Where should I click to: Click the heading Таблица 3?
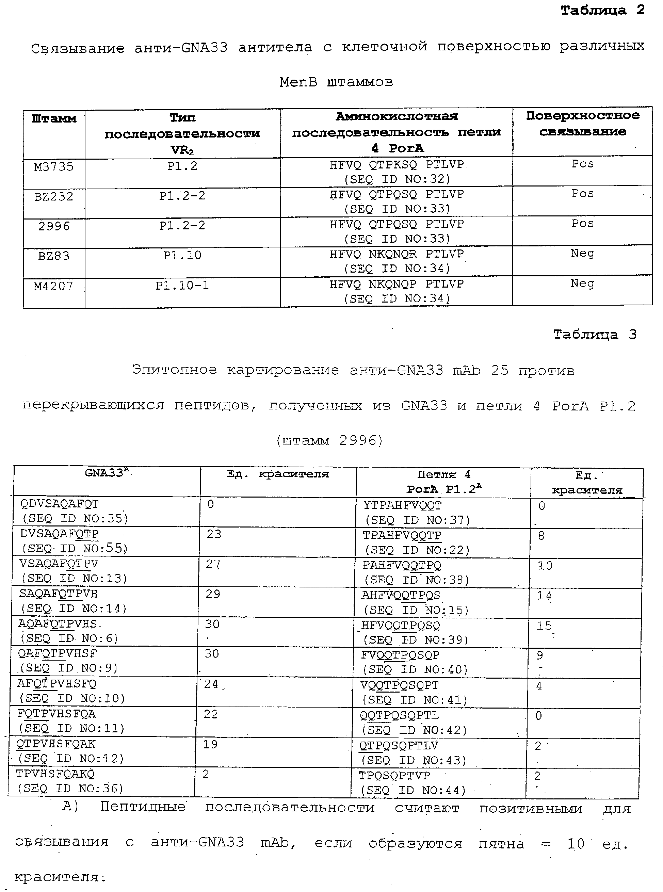click(595, 334)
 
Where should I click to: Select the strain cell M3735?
click(54, 166)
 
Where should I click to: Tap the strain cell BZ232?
click(54, 196)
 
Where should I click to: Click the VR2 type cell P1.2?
click(182, 166)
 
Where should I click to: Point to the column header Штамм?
click(54, 119)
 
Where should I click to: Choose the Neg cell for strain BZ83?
click(582, 253)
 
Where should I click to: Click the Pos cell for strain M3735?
click(582, 164)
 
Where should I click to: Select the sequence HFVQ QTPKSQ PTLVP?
click(397, 164)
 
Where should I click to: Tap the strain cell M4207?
click(54, 286)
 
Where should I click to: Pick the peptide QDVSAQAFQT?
click(60, 504)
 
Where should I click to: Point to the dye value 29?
click(213, 594)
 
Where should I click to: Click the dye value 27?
click(213, 564)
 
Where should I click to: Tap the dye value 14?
click(544, 596)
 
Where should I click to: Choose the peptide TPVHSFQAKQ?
click(55, 774)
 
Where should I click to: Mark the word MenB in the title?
click(298, 82)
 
